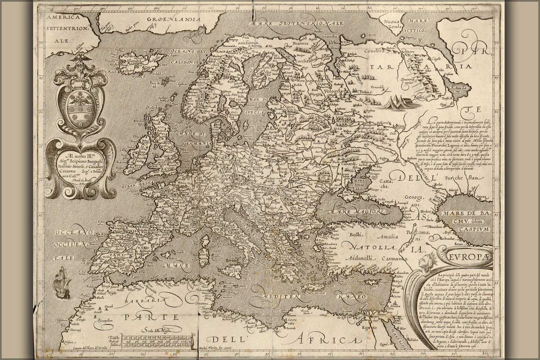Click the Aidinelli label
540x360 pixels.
tap(357, 258)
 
